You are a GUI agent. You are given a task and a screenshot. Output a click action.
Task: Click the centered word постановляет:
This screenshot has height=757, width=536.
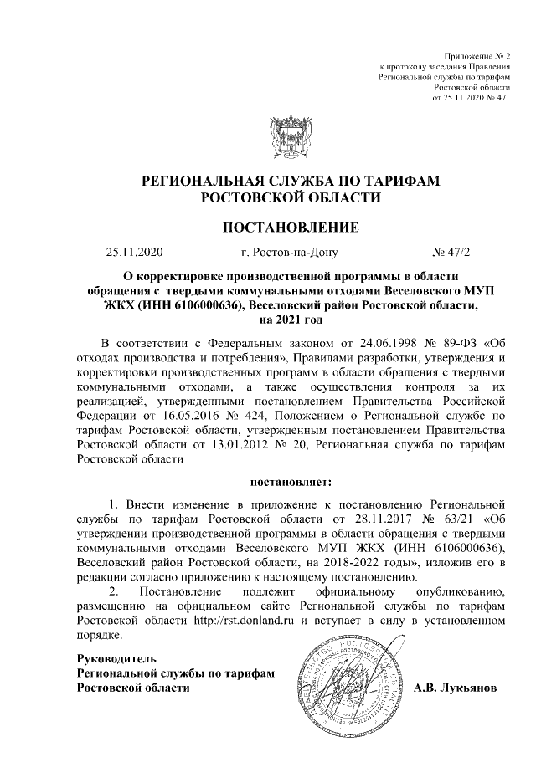(290, 483)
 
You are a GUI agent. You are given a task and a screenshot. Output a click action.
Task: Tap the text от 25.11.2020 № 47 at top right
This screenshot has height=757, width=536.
(469, 98)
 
